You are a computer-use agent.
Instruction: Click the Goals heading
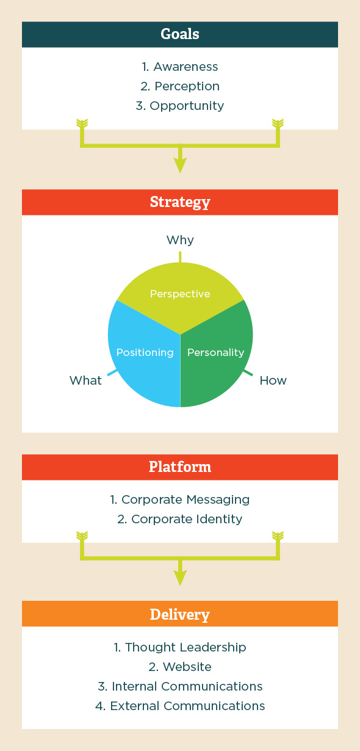pos(180,34)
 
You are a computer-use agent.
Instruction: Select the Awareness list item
pos(180,67)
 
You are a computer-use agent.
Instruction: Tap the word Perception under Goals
pos(187,86)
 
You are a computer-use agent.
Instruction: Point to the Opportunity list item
pos(180,106)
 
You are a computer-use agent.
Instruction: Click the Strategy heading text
pos(180,202)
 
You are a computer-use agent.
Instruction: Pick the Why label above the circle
pos(180,240)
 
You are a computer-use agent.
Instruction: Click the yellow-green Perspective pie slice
pos(181,295)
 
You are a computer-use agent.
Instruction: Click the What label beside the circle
pos(85,380)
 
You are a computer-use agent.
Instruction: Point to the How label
pos(273,380)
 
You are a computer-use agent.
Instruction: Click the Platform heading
pos(180,466)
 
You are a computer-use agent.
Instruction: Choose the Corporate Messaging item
pos(180,499)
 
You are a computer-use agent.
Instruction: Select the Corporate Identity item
pos(180,519)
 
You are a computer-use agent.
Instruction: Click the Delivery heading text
pos(180,615)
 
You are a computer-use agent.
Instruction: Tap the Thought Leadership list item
pos(180,647)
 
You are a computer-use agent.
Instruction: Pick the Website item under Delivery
pos(180,667)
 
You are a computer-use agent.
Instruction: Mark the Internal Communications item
pos(180,686)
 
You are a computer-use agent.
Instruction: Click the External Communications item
pos(180,705)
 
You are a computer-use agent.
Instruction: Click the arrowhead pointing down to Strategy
pos(181,165)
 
